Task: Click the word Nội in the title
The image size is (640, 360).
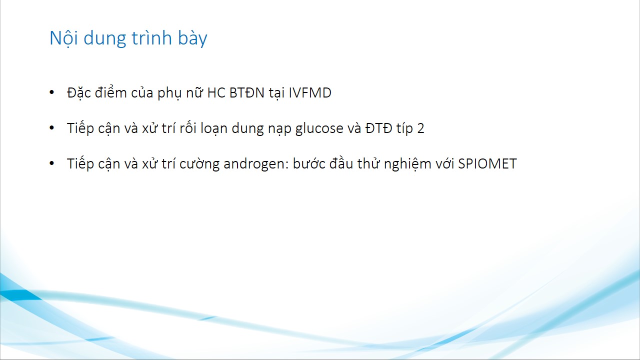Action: [x=63, y=38]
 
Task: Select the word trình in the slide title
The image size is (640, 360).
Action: [x=151, y=37]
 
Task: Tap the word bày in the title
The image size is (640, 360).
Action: [x=192, y=38]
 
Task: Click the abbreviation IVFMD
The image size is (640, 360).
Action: [x=310, y=93]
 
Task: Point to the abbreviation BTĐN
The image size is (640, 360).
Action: [x=247, y=93]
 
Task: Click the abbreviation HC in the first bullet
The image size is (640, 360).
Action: [x=216, y=93]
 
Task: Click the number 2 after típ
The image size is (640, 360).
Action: [x=420, y=128]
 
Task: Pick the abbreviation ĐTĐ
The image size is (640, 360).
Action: [x=378, y=128]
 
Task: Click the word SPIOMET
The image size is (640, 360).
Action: [x=487, y=163]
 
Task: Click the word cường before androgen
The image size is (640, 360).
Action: [x=199, y=163]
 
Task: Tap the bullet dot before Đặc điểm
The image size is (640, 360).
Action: [x=51, y=92]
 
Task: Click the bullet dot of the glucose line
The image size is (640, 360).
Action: [x=51, y=127]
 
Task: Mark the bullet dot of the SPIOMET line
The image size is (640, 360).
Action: [x=51, y=163]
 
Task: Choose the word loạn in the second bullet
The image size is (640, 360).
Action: [x=213, y=128]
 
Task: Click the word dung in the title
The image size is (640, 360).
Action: [x=104, y=38]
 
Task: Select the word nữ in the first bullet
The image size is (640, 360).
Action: [x=195, y=92]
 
